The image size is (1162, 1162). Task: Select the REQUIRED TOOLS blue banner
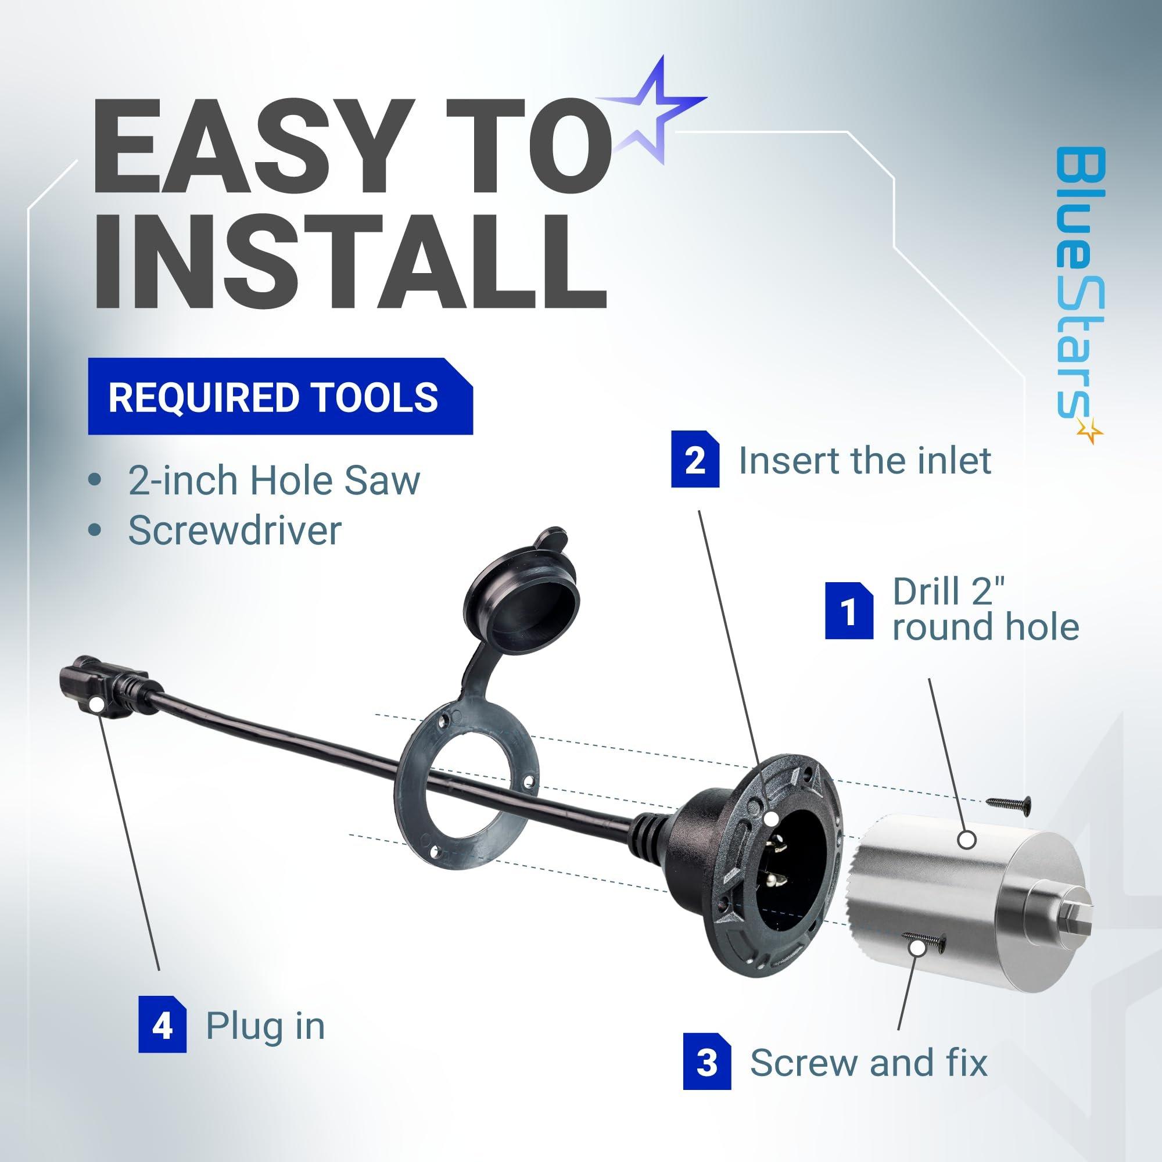point(280,396)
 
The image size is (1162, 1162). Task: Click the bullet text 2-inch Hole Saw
point(274,480)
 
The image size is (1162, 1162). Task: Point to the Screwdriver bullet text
point(235,531)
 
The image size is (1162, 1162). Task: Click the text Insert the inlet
point(865,461)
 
